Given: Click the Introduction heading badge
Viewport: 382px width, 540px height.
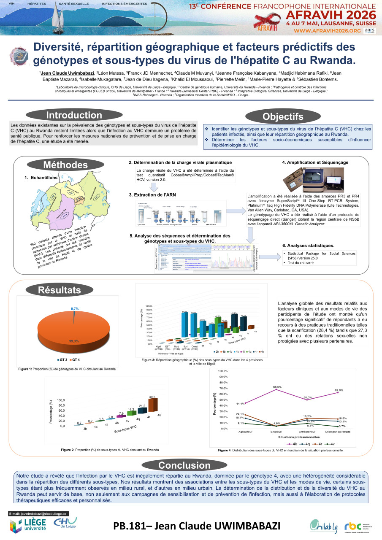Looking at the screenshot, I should tap(74, 115).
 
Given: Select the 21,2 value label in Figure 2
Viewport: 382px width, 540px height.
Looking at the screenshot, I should tap(142, 406).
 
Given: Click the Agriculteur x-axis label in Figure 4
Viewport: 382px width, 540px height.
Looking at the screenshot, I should tap(246, 432).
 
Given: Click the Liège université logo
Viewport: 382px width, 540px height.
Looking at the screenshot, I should tap(28, 525).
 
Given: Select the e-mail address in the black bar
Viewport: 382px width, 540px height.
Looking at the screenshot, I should tap(41, 513).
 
